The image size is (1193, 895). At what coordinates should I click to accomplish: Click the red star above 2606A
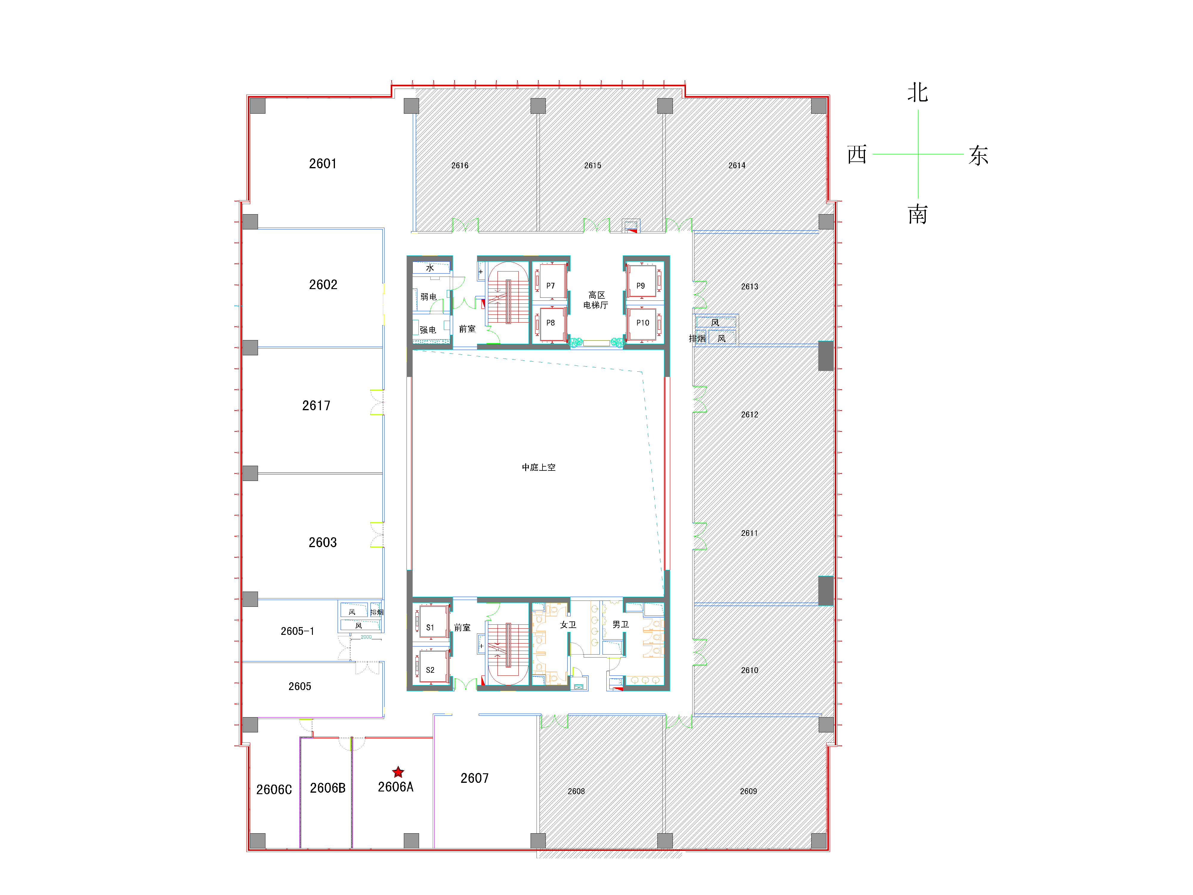pyautogui.click(x=398, y=772)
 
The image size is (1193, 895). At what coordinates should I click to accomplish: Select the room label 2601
pyautogui.click(x=322, y=163)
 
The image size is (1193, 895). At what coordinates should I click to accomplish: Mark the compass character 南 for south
pyautogui.click(x=917, y=215)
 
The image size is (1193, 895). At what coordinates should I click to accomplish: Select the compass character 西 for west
pyautogui.click(x=857, y=155)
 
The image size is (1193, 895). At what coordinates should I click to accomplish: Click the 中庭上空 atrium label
pyautogui.click(x=538, y=467)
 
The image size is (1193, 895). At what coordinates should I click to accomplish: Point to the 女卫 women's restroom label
pyautogui.click(x=568, y=625)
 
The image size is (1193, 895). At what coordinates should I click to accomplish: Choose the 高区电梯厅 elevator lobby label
pyautogui.click(x=596, y=300)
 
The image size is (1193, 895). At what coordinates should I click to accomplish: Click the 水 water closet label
pyautogui.click(x=430, y=268)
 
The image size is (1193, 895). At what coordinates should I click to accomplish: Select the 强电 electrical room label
pyautogui.click(x=428, y=330)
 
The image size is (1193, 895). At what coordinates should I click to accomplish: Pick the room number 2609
pyautogui.click(x=748, y=791)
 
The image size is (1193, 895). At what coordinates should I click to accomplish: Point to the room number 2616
pyautogui.click(x=460, y=166)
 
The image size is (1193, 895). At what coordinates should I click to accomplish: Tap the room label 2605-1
pyautogui.click(x=297, y=631)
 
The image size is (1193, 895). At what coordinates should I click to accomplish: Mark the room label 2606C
pyautogui.click(x=274, y=790)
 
